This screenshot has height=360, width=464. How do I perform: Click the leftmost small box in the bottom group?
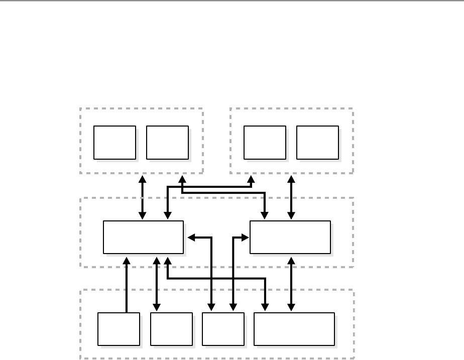tap(119, 329)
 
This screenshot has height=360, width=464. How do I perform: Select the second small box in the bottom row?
tap(171, 329)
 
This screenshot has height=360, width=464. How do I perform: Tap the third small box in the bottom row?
tap(223, 329)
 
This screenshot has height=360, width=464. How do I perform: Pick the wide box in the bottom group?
tap(294, 329)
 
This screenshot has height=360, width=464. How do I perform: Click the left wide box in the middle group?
tap(143, 237)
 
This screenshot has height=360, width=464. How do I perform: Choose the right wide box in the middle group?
tap(290, 237)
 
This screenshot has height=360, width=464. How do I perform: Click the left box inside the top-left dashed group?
tap(115, 143)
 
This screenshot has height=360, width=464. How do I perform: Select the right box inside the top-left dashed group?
tap(167, 143)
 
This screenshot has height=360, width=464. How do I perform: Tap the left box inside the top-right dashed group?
tap(265, 143)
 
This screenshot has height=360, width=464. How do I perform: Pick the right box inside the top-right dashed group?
tap(317, 143)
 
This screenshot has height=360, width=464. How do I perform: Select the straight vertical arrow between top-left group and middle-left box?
tap(143, 197)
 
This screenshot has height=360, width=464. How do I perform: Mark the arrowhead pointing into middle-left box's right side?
tap(190, 237)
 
